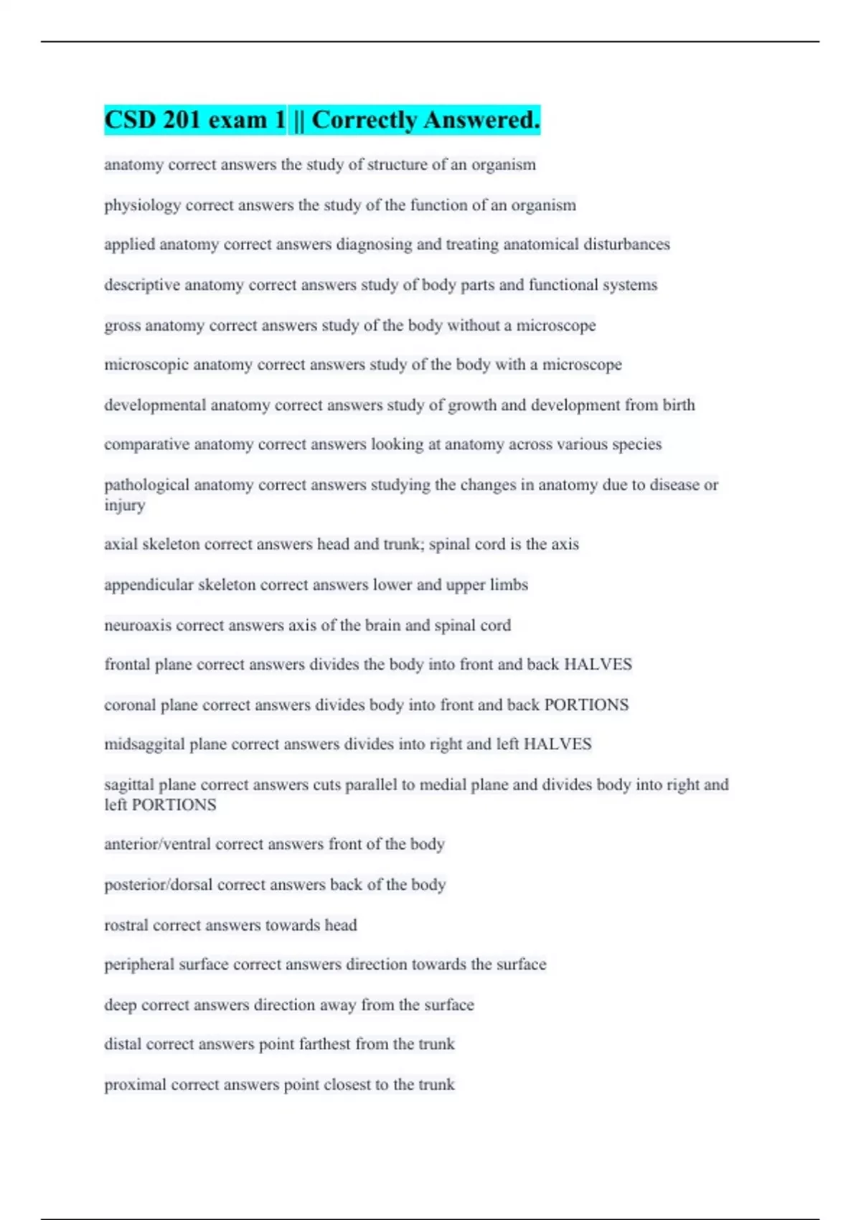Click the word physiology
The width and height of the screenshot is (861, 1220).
pyautogui.click(x=142, y=205)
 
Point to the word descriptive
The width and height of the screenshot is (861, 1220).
pyautogui.click(x=141, y=285)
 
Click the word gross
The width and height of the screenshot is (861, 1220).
pyautogui.click(x=122, y=326)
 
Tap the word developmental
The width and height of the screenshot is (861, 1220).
pyautogui.click(x=155, y=405)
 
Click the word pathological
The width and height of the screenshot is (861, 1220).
pyautogui.click(x=146, y=485)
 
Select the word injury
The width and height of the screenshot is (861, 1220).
pyautogui.click(x=124, y=505)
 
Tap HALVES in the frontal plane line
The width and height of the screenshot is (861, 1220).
pyautogui.click(x=598, y=665)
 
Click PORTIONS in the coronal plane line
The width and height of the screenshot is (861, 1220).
pyautogui.click(x=586, y=705)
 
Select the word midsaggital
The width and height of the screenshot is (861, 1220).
pyautogui.click(x=144, y=744)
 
